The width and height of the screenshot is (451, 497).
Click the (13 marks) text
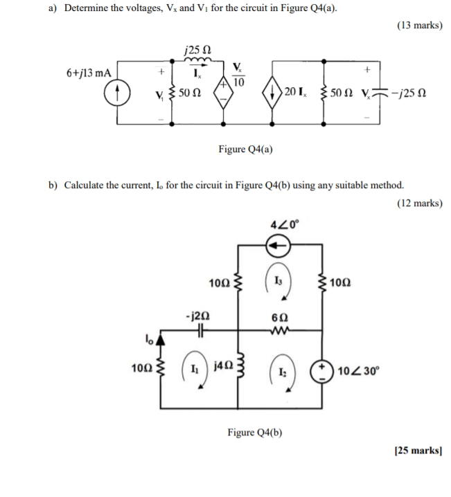tap(419, 26)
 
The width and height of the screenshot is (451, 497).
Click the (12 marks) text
tap(419, 203)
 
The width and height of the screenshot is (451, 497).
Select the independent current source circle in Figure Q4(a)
tap(118, 93)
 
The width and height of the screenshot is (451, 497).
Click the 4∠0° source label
tap(283, 223)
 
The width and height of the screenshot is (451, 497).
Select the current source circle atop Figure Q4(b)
tap(281, 244)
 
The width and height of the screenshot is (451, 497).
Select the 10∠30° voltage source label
tap(357, 370)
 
